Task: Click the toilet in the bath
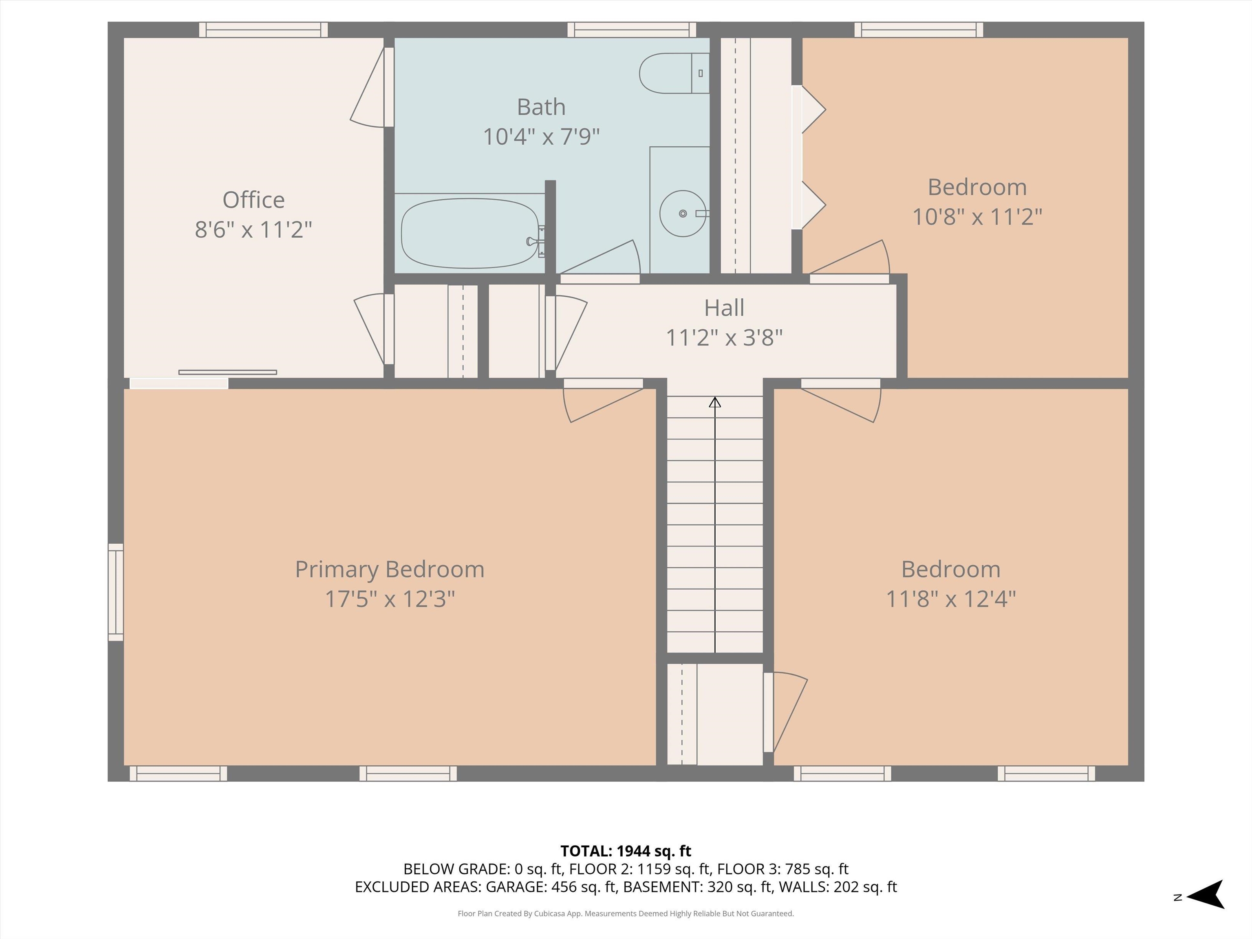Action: pos(674,73)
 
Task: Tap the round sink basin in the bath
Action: pos(683,214)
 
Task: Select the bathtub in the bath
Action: pos(470,233)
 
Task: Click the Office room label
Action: pos(253,200)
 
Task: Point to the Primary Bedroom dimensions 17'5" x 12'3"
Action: pos(390,599)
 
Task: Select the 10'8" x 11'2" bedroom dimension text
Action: pos(977,217)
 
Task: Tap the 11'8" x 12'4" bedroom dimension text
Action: pos(951,599)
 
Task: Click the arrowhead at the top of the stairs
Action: pos(715,402)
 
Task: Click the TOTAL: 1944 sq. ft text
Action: pos(626,851)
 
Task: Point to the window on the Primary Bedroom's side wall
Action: pos(115,592)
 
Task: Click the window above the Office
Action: pos(263,29)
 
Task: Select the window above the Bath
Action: pos(632,29)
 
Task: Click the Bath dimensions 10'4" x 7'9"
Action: pos(541,137)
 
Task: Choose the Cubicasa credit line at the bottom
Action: pos(626,914)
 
